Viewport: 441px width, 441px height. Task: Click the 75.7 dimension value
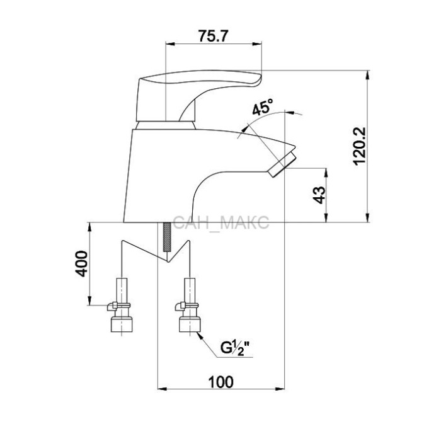212,36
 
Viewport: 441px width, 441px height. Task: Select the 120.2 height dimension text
360,146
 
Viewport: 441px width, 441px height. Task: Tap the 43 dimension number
319,195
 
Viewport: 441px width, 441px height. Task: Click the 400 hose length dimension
83,263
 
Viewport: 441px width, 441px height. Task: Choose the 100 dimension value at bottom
220,382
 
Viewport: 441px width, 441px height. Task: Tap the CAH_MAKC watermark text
220,222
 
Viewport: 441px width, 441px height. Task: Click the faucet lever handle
197,90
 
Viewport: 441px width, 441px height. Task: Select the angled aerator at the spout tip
282,164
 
